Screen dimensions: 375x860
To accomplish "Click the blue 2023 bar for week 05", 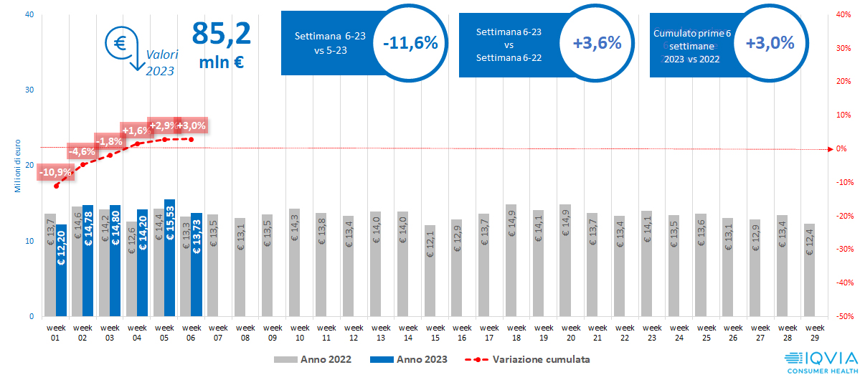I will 169,257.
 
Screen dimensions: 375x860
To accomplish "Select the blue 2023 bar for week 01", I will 61,270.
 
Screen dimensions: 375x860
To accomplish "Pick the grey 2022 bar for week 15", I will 430,270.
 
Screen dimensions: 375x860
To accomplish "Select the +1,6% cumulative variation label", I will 136,130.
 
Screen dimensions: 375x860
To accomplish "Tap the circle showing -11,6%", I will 410,43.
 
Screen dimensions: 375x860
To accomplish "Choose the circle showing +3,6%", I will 597,43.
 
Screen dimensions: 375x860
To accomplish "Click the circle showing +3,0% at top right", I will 770,43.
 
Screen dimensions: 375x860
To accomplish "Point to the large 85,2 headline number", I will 221,34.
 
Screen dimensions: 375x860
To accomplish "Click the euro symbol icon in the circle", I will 119,43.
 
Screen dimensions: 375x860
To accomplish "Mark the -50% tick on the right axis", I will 844,316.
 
